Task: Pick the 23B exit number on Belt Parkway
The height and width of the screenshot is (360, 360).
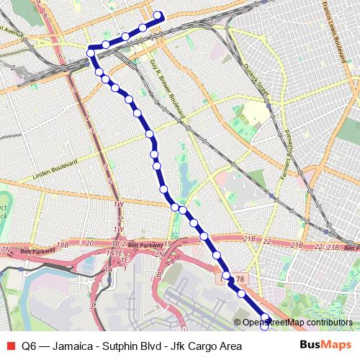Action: [x=332, y=248]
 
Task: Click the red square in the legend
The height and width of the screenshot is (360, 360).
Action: [x=11, y=346]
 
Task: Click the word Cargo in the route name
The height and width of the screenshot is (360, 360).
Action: [x=201, y=346]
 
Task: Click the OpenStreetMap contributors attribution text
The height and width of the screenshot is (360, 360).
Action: [x=297, y=323]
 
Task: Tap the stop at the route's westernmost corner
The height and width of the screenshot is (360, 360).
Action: [x=91, y=52]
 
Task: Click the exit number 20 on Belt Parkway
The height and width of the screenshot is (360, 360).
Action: [x=90, y=243]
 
